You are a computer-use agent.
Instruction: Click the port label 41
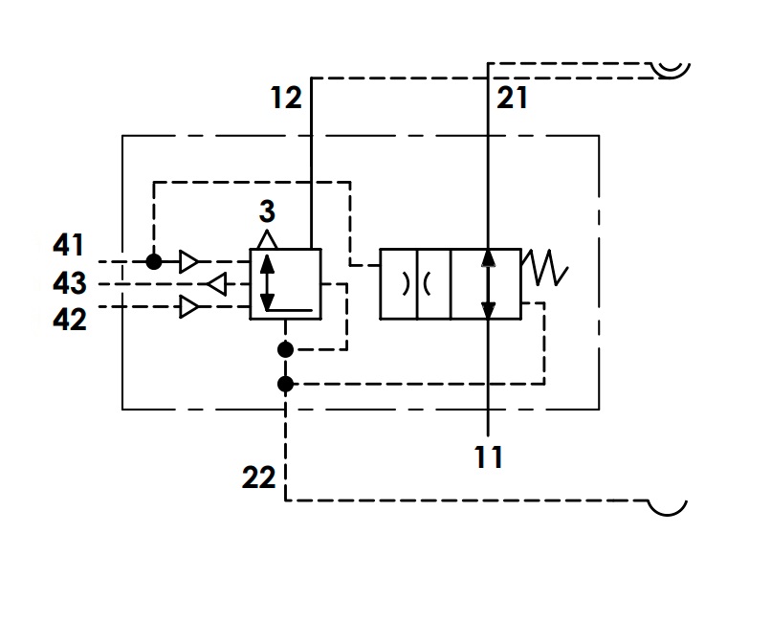68,245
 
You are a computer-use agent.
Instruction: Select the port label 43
69,283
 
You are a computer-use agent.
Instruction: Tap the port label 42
69,320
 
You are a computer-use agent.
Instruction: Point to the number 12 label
286,98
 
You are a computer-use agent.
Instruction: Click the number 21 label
512,98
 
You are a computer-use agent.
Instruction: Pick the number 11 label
488,456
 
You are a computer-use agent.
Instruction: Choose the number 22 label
258,478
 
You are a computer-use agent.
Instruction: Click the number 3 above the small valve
267,211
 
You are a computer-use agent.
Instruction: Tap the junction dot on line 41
154,261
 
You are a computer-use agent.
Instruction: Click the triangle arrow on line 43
217,284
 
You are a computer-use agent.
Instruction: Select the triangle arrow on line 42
189,307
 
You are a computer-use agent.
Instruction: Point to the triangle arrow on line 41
189,261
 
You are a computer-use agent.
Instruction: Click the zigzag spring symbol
545,268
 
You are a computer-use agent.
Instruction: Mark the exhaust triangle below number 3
267,239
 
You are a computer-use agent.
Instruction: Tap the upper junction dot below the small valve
285,349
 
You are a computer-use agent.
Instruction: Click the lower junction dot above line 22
285,384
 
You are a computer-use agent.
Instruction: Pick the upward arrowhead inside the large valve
488,258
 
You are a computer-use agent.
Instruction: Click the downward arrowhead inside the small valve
267,301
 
